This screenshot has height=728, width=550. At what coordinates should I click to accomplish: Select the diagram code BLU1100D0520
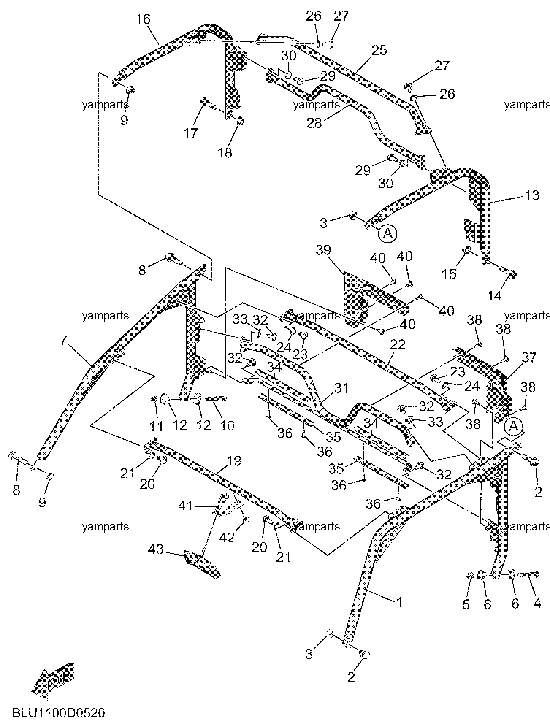(x=58, y=714)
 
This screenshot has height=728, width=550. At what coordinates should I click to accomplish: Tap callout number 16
(x=143, y=19)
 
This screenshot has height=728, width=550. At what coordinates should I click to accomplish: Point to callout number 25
(x=379, y=50)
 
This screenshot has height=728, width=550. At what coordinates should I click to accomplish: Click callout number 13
(x=532, y=195)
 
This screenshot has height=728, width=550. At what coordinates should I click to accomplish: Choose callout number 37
(x=529, y=358)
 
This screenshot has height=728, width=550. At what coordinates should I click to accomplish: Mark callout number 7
(x=63, y=340)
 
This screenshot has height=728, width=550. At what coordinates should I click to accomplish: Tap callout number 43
(x=156, y=549)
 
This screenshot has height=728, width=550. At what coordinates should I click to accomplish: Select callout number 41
(x=186, y=505)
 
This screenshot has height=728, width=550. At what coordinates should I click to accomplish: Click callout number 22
(x=397, y=345)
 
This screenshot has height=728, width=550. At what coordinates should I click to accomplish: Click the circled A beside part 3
(x=388, y=233)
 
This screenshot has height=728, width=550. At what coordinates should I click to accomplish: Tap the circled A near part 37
(x=513, y=426)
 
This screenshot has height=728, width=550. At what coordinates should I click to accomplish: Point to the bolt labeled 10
(x=217, y=398)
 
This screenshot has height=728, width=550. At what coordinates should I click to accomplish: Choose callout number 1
(x=398, y=602)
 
